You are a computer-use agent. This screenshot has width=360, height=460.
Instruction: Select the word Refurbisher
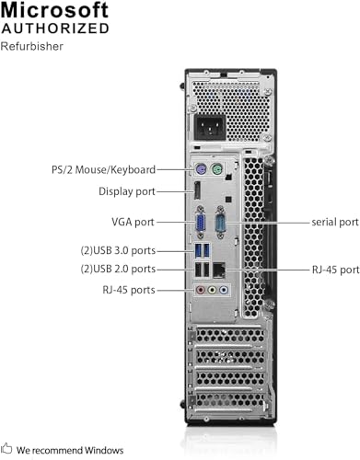click(x=32, y=46)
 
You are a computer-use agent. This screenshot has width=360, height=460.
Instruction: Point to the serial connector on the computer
click(x=222, y=224)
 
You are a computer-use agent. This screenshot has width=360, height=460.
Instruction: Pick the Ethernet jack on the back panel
click(x=220, y=270)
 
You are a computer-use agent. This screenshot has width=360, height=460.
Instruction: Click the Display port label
click(x=127, y=191)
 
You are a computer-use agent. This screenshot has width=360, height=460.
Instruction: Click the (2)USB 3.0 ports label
click(x=116, y=249)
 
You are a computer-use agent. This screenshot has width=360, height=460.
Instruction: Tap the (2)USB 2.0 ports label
click(x=116, y=269)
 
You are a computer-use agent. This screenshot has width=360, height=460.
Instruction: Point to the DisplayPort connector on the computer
click(x=197, y=192)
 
